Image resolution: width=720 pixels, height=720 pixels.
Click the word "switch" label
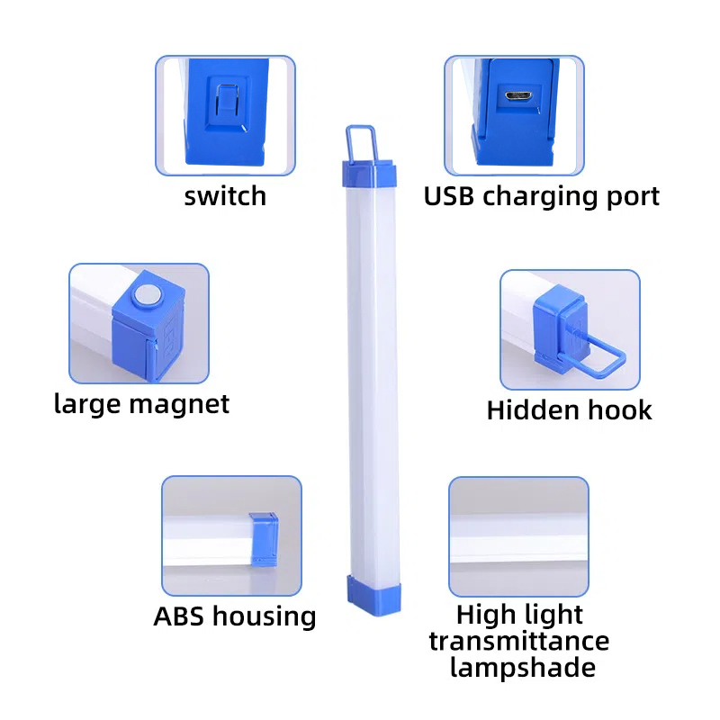[225, 196]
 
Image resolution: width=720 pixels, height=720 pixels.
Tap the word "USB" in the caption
[448, 196]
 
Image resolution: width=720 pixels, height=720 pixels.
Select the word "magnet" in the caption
[179, 405]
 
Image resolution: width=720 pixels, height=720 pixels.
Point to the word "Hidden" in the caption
[532, 409]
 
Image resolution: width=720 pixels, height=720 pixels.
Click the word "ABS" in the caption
[178, 616]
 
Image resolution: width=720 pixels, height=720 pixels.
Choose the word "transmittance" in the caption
[519, 641]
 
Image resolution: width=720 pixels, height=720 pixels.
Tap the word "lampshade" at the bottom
[523, 667]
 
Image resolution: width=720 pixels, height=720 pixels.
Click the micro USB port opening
[518, 96]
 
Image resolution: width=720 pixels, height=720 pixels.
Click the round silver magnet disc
[147, 295]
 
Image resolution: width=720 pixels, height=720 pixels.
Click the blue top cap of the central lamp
[369, 173]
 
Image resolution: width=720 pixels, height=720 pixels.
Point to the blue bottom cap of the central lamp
[373, 595]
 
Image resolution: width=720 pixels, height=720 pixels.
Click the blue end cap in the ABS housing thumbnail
[264, 539]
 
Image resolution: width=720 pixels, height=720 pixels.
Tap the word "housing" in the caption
[264, 617]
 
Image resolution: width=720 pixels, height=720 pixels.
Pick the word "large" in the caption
[88, 405]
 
